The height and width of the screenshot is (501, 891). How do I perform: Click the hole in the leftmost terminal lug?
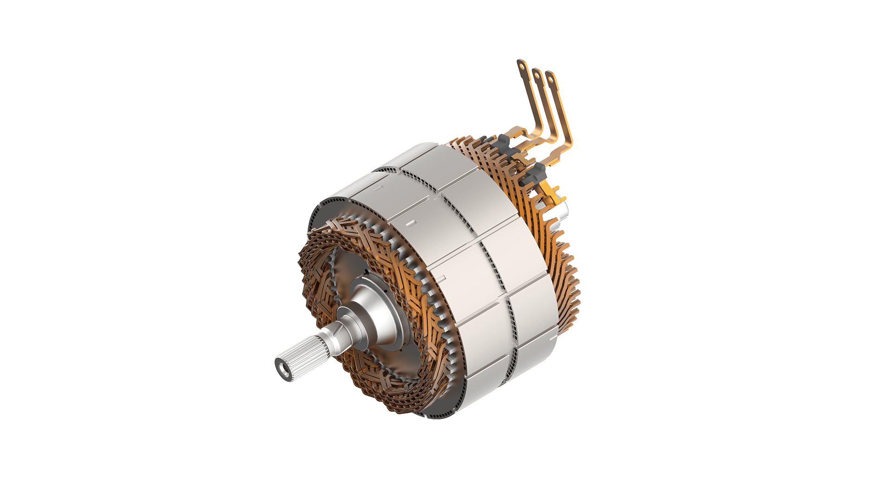(x=523, y=65)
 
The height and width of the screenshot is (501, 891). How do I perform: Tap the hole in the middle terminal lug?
(x=536, y=73)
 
